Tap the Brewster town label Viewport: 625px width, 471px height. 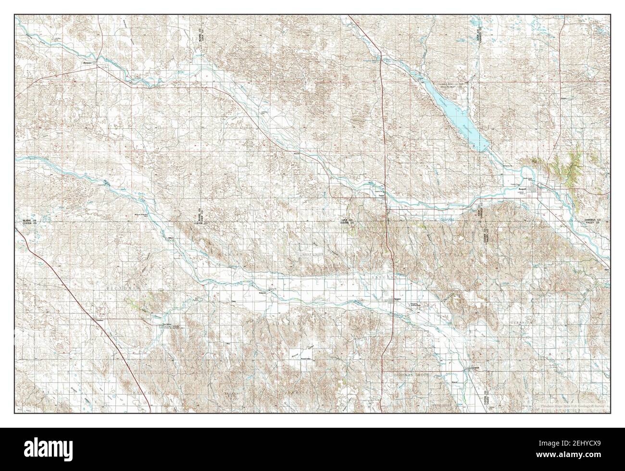click(x=87, y=62)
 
